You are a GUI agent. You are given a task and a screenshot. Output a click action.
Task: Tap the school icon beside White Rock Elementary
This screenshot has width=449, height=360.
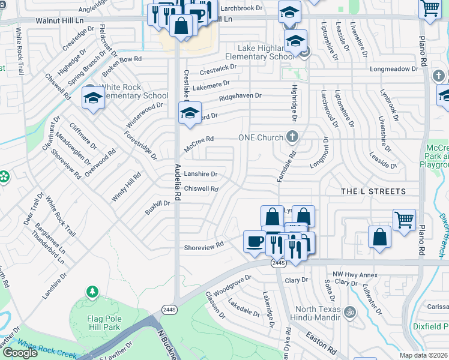[x=93, y=98]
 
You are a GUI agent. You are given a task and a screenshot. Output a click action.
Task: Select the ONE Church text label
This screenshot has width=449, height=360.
[x=261, y=137]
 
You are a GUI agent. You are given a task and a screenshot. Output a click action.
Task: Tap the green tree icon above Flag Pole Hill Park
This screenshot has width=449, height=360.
[x=92, y=292]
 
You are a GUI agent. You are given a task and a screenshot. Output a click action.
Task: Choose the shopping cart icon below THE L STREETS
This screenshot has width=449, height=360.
[x=404, y=220]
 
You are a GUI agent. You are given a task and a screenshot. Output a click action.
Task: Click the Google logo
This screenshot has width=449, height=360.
[x=20, y=353]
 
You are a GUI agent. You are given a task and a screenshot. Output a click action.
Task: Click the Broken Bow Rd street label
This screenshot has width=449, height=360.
[x=121, y=59]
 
